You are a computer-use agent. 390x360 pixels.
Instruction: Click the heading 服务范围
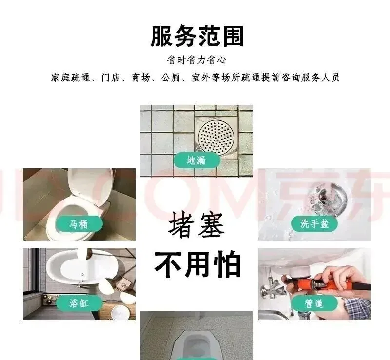[x=197, y=37]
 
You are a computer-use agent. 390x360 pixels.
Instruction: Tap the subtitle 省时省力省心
[x=196, y=60]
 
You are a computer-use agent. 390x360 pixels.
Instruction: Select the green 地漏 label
[x=197, y=160]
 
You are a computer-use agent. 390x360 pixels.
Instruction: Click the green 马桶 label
[x=79, y=224]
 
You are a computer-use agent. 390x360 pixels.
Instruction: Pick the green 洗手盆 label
[x=314, y=223]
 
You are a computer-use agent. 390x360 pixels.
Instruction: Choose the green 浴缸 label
[x=79, y=303]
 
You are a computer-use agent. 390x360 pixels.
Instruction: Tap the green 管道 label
[x=314, y=303]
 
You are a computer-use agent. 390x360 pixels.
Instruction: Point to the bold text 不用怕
[x=197, y=264]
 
